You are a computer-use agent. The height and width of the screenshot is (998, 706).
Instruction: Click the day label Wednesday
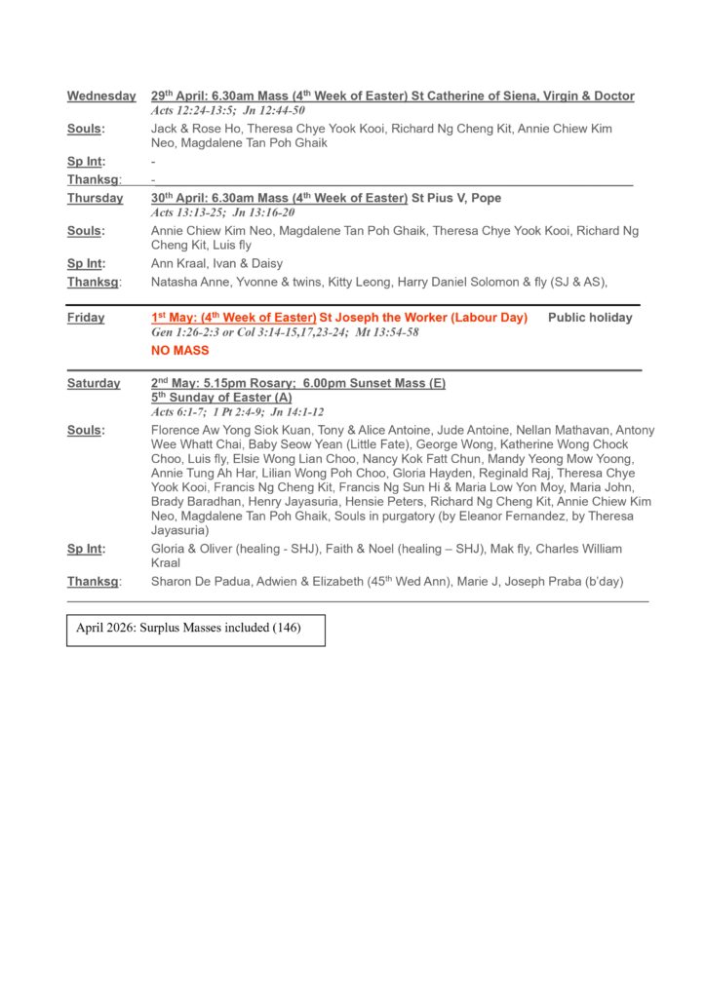click(101, 96)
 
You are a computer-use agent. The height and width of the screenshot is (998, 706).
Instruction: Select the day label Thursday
click(96, 199)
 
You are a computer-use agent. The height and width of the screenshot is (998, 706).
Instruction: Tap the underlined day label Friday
click(86, 318)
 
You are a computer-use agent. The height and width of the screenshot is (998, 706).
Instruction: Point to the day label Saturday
click(94, 383)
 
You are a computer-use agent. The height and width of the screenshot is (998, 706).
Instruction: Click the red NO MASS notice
click(180, 350)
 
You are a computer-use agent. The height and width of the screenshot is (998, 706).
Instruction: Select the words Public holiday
click(590, 318)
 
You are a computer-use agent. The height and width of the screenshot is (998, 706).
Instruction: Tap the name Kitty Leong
click(357, 282)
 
